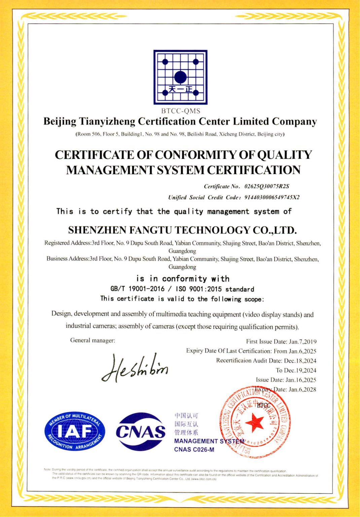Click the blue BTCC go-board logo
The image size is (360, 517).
click(x=180, y=77)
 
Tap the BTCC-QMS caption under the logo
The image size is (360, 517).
click(x=181, y=111)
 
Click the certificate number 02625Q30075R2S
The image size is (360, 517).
click(x=267, y=186)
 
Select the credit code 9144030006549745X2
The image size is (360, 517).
click(x=272, y=198)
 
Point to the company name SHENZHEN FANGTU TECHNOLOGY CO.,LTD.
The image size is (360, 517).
click(x=182, y=230)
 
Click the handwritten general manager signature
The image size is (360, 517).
click(x=135, y=368)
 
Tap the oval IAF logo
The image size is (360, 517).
click(x=75, y=431)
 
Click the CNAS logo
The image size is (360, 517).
click(x=141, y=432)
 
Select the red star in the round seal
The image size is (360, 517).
click(x=255, y=422)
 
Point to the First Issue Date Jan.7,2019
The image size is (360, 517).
click(x=281, y=342)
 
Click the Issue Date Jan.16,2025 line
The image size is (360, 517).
click(x=286, y=380)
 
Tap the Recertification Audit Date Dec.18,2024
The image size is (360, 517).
click(x=266, y=361)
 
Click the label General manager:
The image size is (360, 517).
click(x=93, y=340)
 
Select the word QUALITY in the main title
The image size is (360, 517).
click(x=285, y=155)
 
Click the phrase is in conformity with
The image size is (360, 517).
click(x=183, y=279)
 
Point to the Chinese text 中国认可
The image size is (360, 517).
click(x=186, y=416)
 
